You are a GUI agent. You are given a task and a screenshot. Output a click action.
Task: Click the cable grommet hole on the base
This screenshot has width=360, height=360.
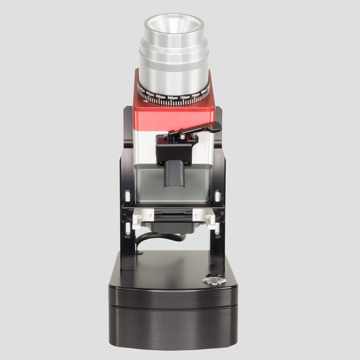140,252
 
